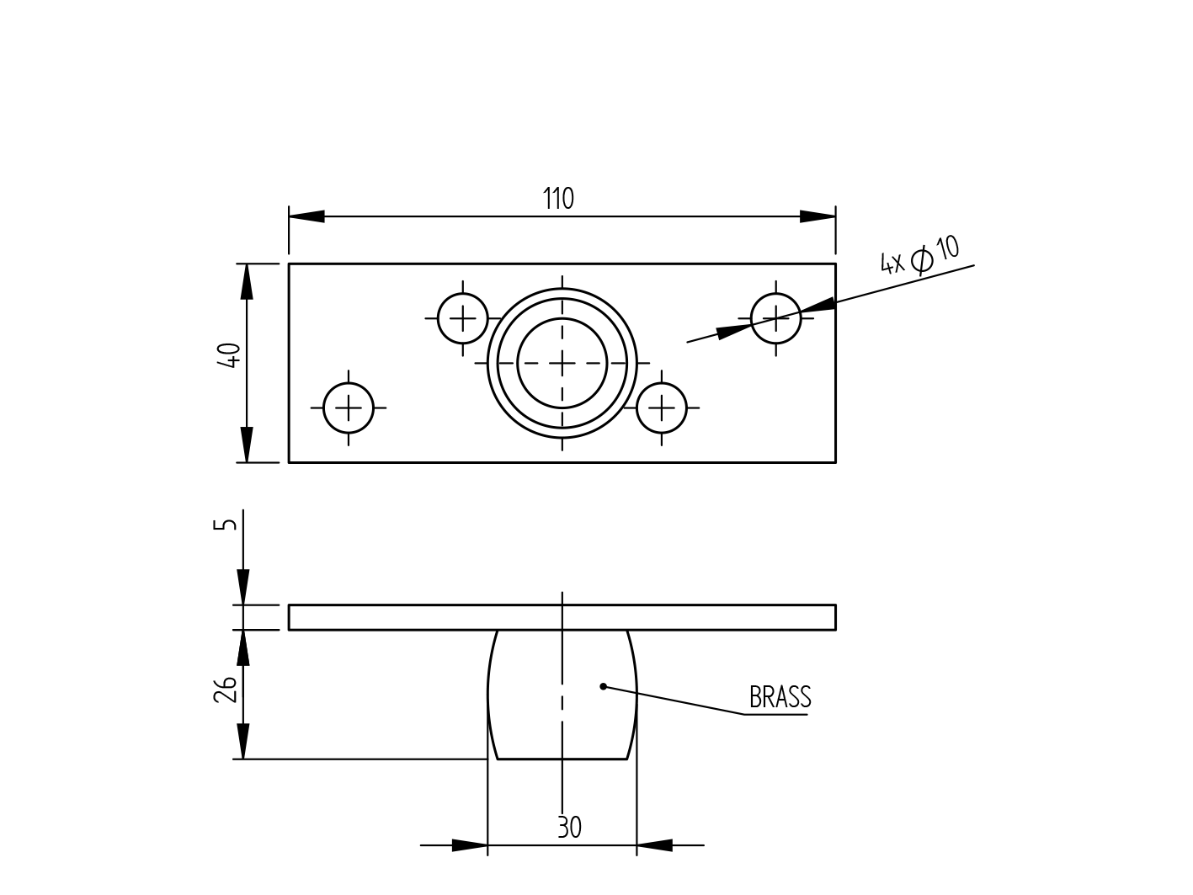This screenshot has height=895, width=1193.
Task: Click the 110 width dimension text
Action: click(x=558, y=200)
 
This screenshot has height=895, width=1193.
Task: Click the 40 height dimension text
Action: click(x=229, y=354)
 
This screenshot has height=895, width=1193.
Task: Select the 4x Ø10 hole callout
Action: click(x=919, y=256)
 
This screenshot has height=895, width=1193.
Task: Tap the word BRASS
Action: click(x=780, y=698)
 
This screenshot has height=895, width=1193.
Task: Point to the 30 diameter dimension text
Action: click(x=569, y=828)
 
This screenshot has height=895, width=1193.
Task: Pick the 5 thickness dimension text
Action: click(x=225, y=525)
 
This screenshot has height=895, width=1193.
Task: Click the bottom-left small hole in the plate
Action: click(x=349, y=408)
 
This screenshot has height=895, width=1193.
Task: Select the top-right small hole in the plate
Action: click(x=775, y=318)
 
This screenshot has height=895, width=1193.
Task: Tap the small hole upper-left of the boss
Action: click(x=463, y=318)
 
